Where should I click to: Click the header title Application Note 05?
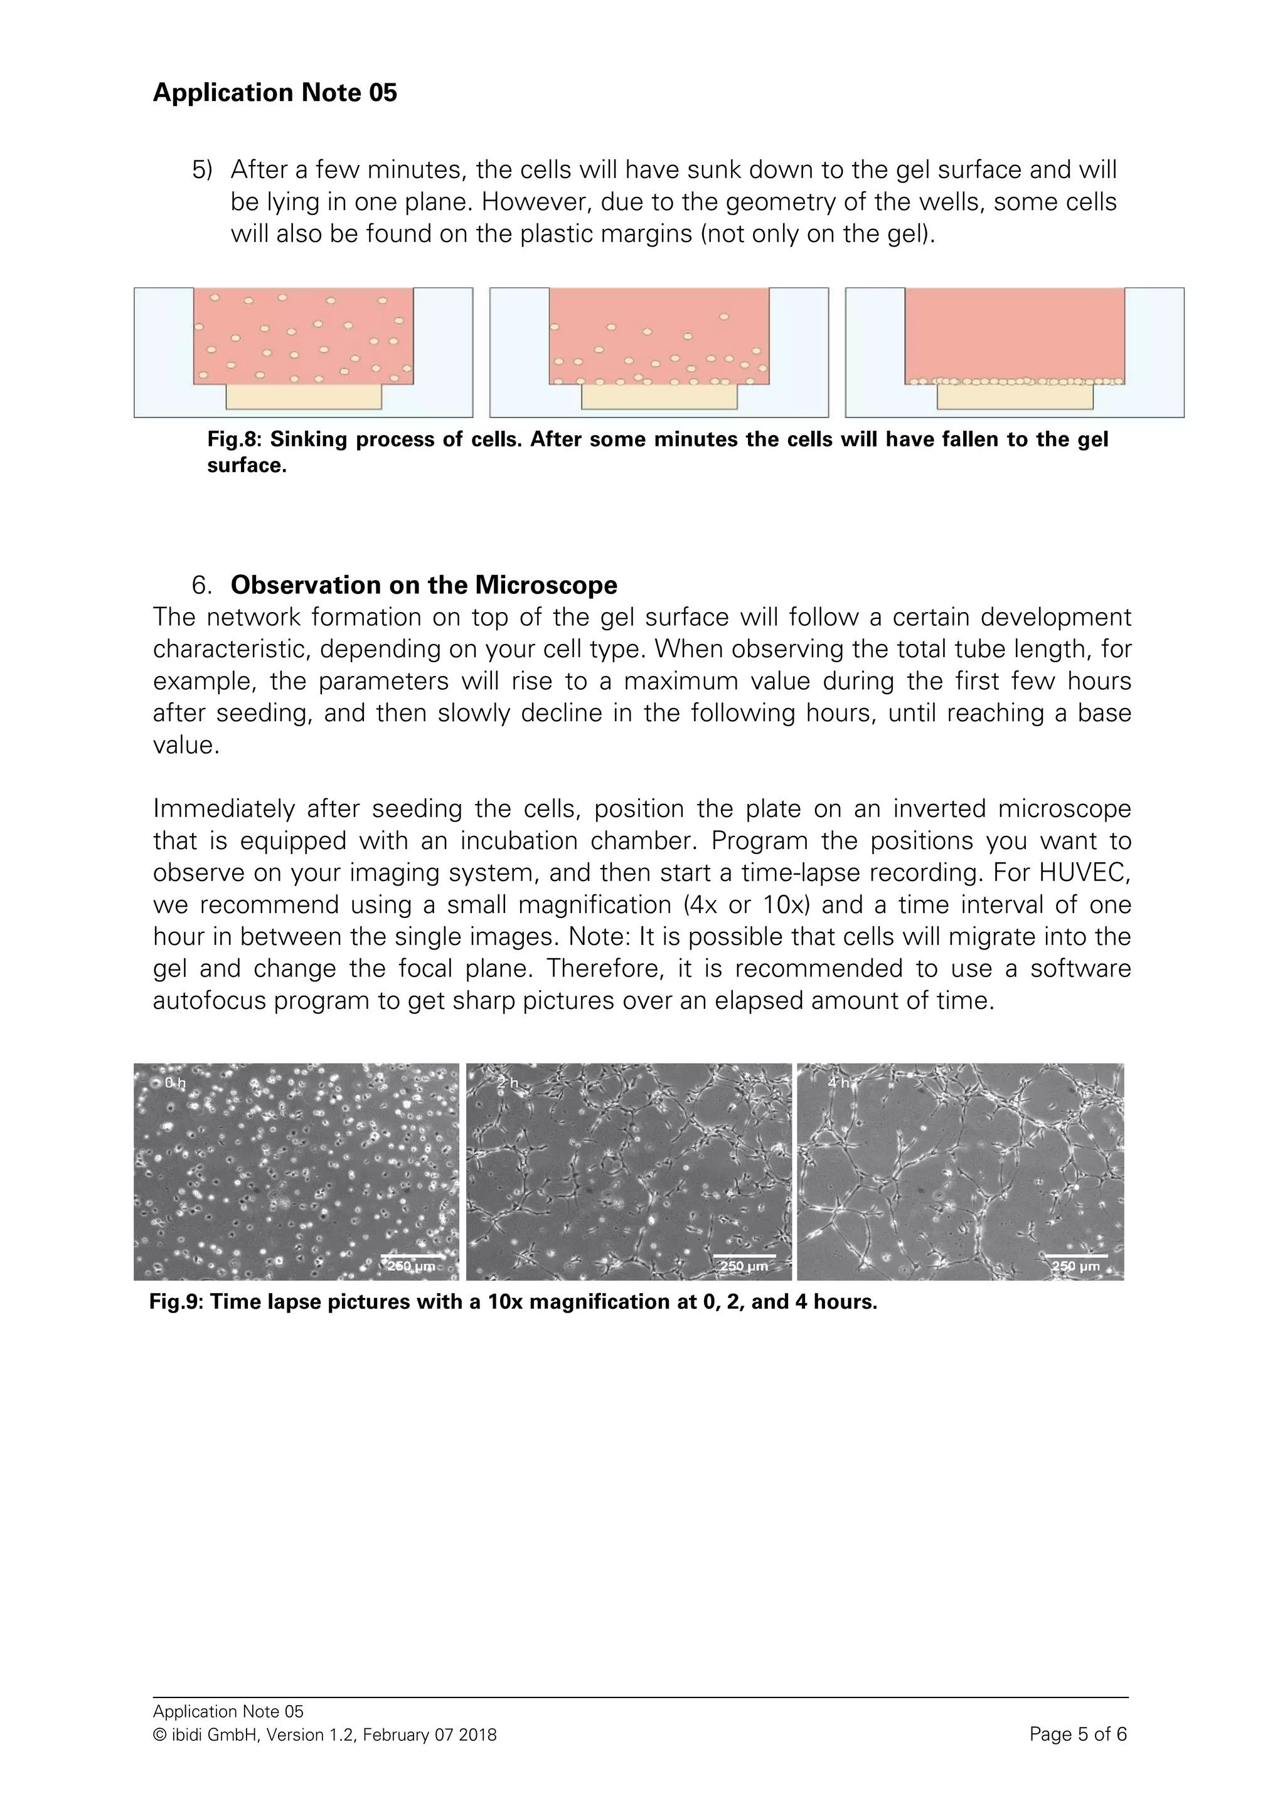[275, 93]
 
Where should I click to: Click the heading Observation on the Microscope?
[424, 584]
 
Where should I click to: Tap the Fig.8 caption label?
[233, 440]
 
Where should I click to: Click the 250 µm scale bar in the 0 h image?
[412, 1256]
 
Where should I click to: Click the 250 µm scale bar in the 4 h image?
[1075, 1256]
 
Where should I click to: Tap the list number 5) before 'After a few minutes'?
[203, 170]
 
